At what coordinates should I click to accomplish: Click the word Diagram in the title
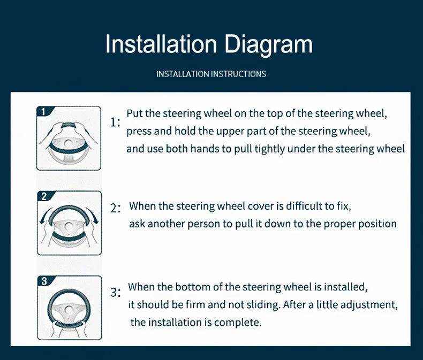pos(268,45)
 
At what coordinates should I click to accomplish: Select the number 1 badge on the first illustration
pos(43,112)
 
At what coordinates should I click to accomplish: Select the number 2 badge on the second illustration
pos(44,196)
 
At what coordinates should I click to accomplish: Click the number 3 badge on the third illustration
pos(44,281)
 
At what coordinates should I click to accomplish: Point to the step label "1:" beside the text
pos(115,122)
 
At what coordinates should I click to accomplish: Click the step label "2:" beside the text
pos(116,208)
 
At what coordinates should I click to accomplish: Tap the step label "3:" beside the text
pos(116,293)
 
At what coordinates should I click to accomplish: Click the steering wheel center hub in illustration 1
pos(69,143)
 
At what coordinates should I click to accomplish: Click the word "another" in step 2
pos(166,224)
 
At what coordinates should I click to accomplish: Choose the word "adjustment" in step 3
pos(369,305)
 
